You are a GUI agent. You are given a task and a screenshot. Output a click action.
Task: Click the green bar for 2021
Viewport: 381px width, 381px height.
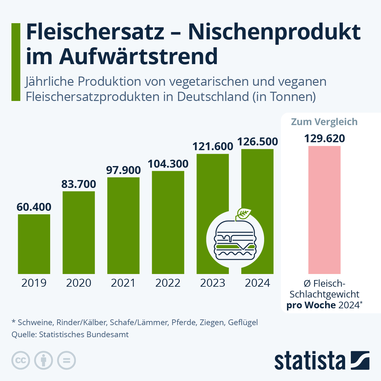coord(123,225)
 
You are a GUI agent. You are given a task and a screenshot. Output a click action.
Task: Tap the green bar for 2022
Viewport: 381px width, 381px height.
coord(168,222)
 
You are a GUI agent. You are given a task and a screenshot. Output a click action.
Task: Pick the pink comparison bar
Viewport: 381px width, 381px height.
coord(324,210)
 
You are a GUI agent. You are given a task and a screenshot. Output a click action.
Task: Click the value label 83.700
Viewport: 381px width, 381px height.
coord(79,184)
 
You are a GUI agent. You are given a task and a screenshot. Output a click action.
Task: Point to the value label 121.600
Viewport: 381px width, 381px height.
coord(213,146)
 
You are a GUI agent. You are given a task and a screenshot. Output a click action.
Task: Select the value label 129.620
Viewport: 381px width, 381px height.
coord(324,139)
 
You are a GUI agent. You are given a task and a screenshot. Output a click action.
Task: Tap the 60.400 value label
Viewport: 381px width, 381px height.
coord(34,207)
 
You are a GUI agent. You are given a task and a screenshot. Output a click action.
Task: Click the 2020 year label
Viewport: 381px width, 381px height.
coord(79,283)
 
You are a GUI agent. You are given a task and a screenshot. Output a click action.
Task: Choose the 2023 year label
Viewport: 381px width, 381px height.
coord(213,283)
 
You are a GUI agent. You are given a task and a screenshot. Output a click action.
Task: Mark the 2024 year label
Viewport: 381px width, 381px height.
coord(257,283)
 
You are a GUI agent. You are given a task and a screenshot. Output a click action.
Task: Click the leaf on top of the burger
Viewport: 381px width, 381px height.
coord(244,213)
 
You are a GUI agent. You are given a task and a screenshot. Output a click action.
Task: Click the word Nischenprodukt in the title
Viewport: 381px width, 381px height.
coord(274,32)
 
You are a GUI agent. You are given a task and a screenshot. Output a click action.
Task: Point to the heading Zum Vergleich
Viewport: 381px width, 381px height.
coord(324,122)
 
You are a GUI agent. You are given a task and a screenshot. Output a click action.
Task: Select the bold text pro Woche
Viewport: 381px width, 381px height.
coord(311,305)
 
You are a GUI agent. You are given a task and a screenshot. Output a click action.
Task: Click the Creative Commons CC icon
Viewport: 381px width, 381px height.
coord(21,360)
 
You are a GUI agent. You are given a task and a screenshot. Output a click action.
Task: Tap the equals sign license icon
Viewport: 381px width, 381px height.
coord(66,360)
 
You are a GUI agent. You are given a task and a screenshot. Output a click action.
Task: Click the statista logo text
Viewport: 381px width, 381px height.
coord(310,361)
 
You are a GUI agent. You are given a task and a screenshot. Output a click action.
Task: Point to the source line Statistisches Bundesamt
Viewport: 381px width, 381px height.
coord(70,334)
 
